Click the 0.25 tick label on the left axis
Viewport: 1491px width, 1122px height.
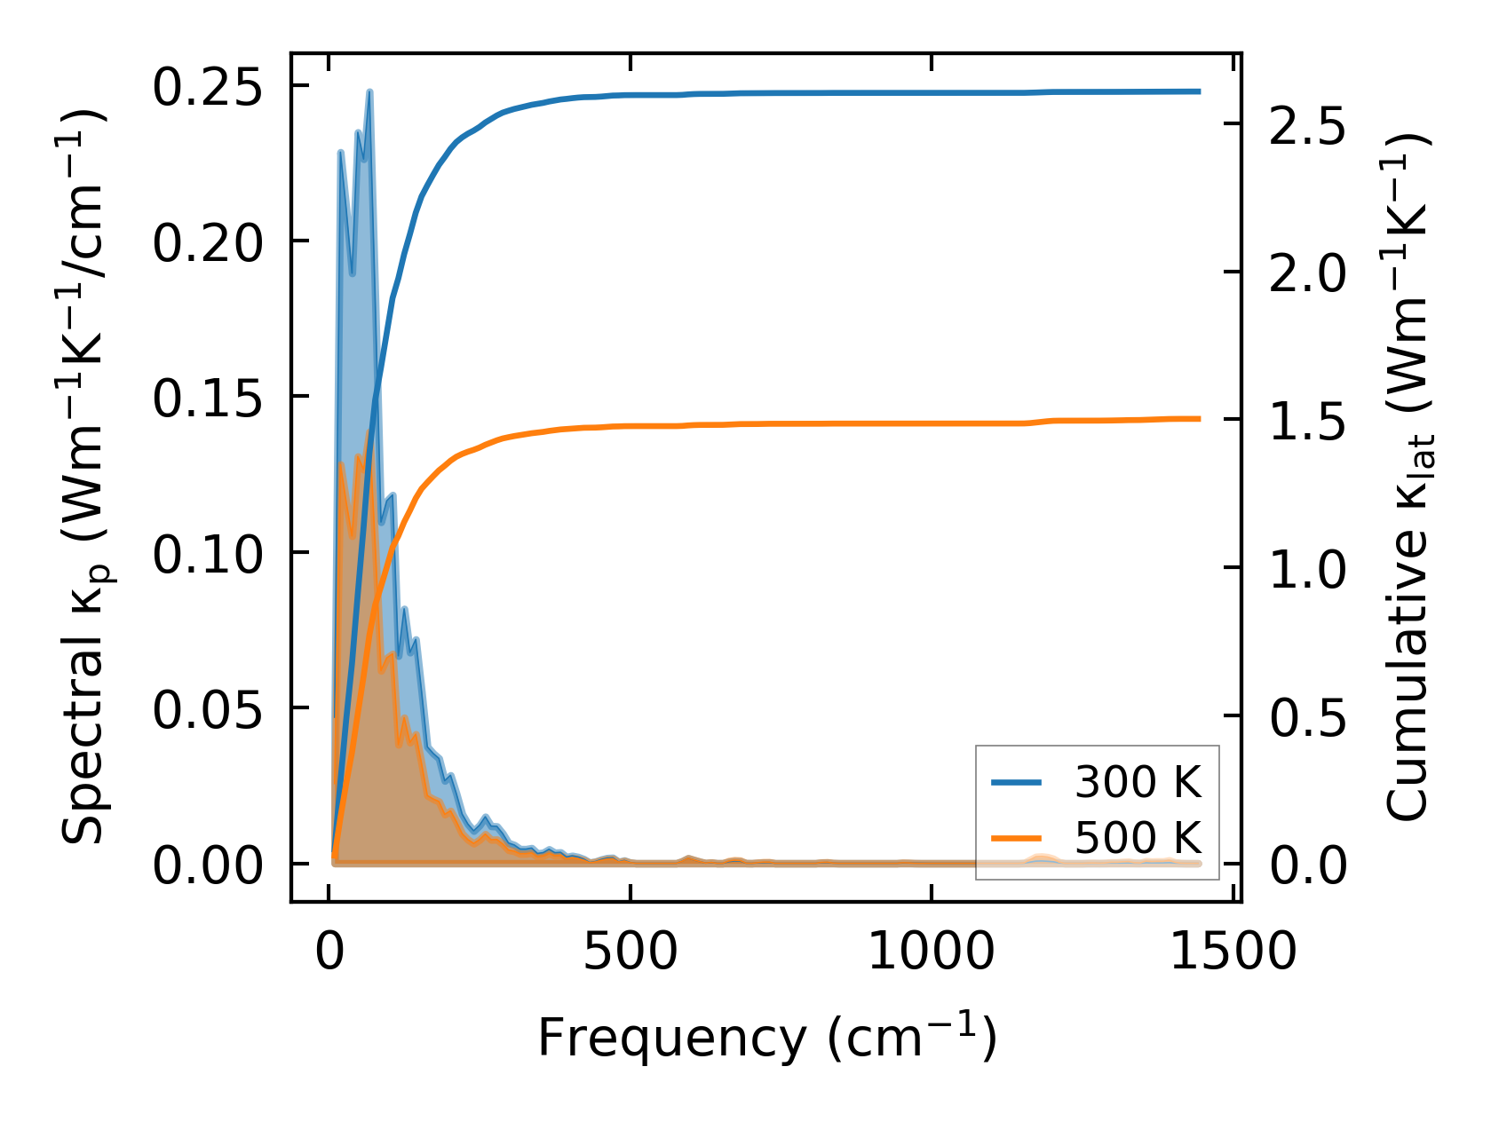click(208, 88)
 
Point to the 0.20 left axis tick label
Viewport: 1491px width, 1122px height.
click(208, 243)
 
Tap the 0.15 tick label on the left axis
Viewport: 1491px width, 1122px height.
click(208, 399)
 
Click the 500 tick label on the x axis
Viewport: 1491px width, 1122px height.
click(630, 952)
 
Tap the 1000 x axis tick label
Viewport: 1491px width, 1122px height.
click(931, 952)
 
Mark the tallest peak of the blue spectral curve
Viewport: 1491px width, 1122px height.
click(369, 91)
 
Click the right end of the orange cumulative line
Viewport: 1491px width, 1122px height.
click(1199, 418)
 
